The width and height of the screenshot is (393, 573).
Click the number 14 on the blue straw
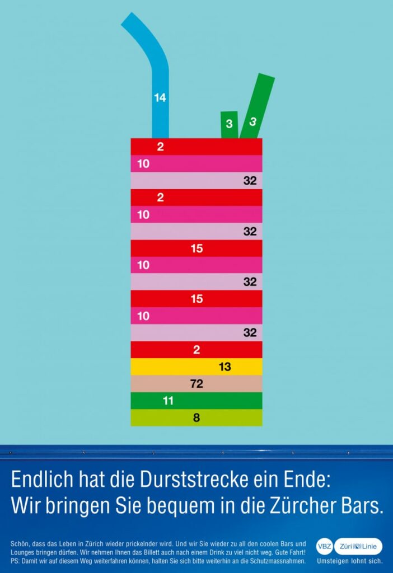[x=160, y=98]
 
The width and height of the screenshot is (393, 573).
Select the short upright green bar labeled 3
[x=230, y=124]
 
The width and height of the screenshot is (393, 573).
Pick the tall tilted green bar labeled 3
[x=256, y=106]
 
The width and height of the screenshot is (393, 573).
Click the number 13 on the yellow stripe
[x=225, y=367]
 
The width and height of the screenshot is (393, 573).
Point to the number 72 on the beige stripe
[x=196, y=384]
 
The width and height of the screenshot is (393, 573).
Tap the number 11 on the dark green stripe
[x=168, y=401]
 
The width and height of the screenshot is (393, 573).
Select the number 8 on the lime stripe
[x=196, y=417]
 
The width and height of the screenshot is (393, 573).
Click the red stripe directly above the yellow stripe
[x=196, y=350]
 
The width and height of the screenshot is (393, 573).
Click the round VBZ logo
[x=325, y=546]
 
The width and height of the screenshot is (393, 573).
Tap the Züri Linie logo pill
[x=358, y=546]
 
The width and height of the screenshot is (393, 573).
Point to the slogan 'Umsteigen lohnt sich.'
[x=349, y=561]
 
